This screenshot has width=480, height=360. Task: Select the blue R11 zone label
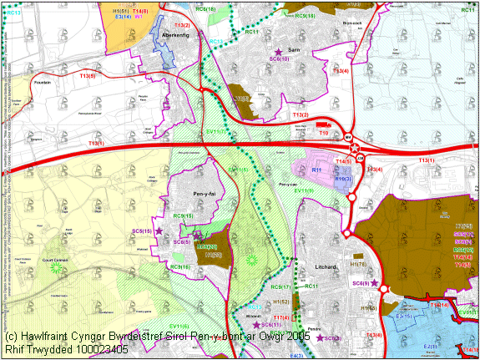pos(316,170)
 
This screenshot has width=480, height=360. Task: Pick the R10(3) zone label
pos(342,179)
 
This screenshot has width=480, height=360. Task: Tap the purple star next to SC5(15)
pos(159,231)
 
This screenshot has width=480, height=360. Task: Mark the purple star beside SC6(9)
pos(375,283)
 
